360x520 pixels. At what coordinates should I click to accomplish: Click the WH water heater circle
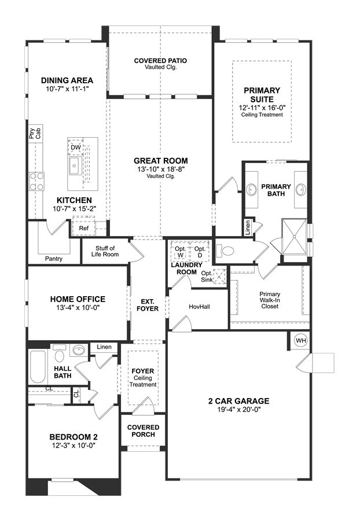click(x=301, y=340)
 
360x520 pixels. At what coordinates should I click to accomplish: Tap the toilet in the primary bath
click(x=225, y=250)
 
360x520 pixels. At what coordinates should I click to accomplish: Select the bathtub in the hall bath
click(x=38, y=367)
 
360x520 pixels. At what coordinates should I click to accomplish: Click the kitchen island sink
click(x=75, y=165)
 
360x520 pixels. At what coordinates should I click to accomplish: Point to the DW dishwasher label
click(x=76, y=147)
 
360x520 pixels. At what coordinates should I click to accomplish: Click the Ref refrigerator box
click(x=83, y=228)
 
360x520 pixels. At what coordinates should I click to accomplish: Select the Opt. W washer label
click(x=181, y=252)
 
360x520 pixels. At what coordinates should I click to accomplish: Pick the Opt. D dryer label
click(x=200, y=252)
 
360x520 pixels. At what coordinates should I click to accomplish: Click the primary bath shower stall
click(x=294, y=237)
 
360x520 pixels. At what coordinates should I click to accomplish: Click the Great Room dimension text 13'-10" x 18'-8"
click(x=161, y=169)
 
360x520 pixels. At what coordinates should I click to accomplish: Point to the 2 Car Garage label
click(x=239, y=401)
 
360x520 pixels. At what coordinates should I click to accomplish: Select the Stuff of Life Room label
click(x=105, y=251)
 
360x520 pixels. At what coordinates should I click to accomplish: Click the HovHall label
click(x=199, y=307)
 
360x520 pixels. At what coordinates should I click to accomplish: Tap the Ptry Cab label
click(x=35, y=133)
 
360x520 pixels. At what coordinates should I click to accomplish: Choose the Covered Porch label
click(x=144, y=431)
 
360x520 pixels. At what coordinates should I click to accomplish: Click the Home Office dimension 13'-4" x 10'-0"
click(x=78, y=307)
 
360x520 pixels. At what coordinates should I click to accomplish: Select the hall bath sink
click(x=79, y=350)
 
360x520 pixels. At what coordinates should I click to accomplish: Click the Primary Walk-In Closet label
click(x=270, y=300)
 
